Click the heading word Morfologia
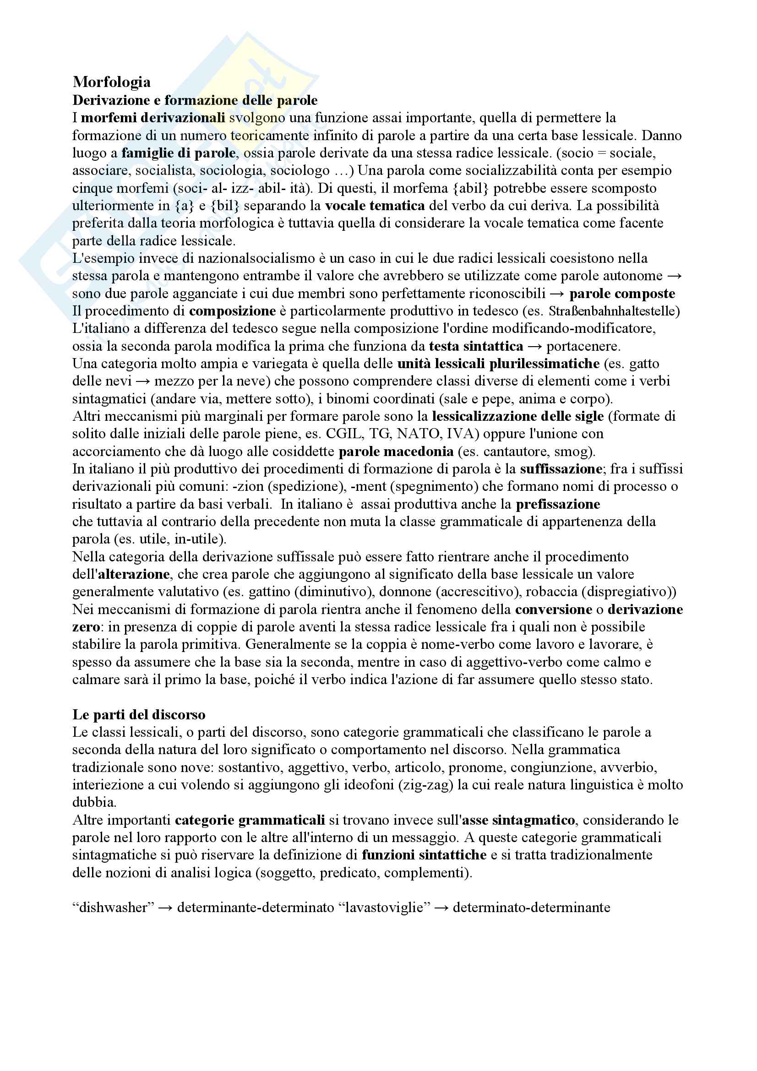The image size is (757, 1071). (x=111, y=82)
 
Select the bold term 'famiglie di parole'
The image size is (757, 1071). (x=179, y=153)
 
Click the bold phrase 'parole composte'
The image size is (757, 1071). (x=622, y=294)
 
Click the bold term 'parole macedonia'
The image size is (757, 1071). (x=396, y=451)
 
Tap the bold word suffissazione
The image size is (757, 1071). (x=561, y=469)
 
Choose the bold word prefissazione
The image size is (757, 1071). (x=558, y=504)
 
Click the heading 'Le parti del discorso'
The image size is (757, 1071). (x=139, y=715)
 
